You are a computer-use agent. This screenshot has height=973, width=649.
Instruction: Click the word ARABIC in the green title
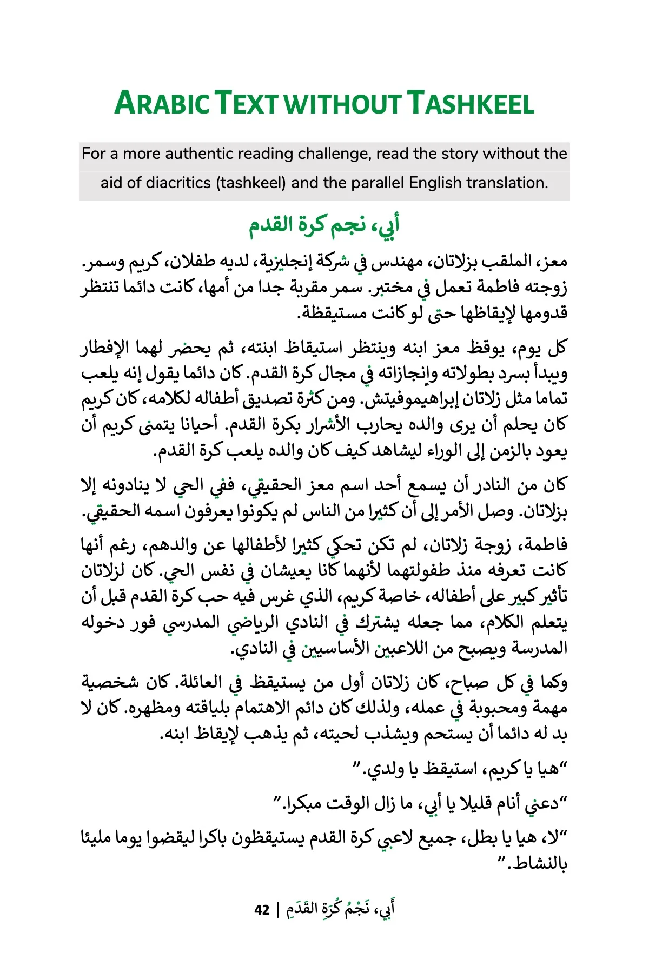click(162, 103)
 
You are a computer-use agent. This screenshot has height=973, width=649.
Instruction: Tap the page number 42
click(262, 910)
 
